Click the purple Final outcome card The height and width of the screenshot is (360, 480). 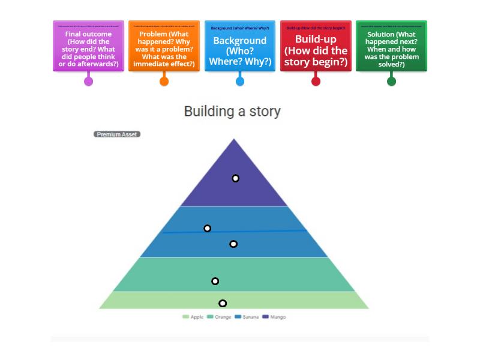point(88,47)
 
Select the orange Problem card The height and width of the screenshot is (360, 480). point(164,47)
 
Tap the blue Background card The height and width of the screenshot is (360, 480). point(240,47)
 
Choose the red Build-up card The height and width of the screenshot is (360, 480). point(316,47)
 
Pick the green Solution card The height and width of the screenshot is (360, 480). point(391,47)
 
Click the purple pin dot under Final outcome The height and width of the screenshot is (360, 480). point(88,81)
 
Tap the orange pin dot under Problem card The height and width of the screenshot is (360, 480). point(164,81)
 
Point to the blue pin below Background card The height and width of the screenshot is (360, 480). point(240,81)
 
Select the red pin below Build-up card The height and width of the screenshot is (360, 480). point(316,81)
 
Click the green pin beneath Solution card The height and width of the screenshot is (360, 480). point(391,81)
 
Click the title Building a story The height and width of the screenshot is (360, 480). point(232,112)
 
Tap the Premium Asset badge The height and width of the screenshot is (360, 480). point(117,134)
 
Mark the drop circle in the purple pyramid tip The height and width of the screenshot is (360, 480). point(236,178)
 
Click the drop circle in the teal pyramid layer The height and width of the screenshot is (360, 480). point(215,281)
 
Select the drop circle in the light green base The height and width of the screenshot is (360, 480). point(223,303)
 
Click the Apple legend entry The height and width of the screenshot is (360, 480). point(193,317)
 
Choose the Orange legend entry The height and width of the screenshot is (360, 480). point(219,317)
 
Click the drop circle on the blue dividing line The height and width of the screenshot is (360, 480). point(208,228)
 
